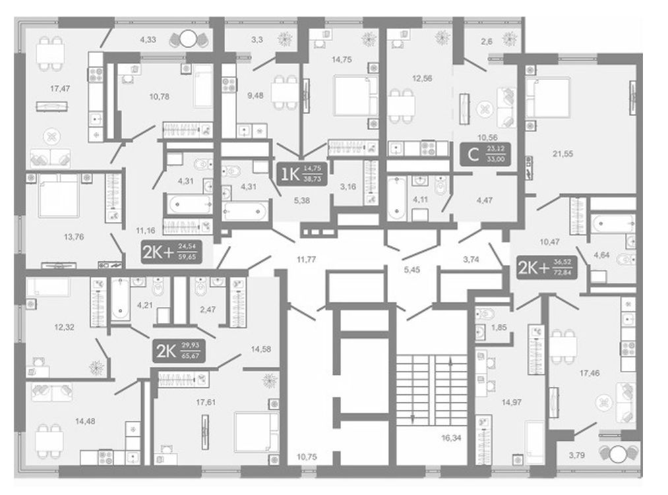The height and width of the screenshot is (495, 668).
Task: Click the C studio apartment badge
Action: click(487, 156)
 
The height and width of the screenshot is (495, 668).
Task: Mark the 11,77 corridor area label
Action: click(305, 258)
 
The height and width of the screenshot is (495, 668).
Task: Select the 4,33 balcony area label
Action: click(147, 40)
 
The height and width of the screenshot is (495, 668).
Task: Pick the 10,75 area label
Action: click(306, 455)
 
